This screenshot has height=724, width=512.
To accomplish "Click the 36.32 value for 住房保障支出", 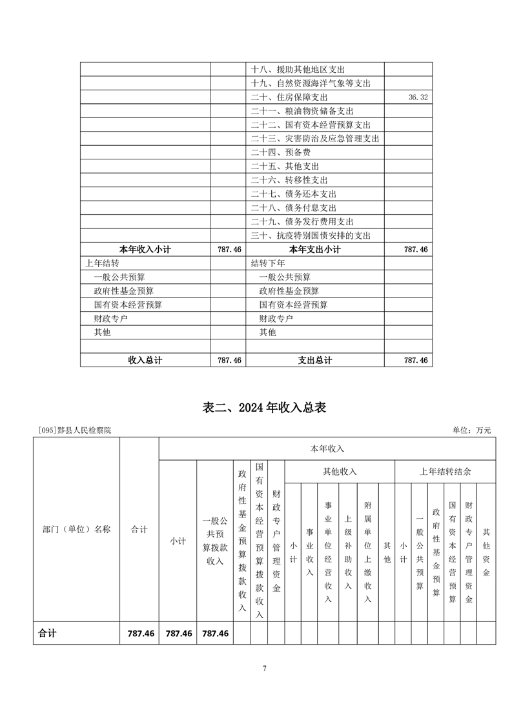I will pos(419,97).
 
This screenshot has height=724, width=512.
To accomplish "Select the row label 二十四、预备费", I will pos(281,153).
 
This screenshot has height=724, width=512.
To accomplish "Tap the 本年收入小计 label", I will pos(145,249).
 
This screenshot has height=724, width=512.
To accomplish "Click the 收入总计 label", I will pos(145,361).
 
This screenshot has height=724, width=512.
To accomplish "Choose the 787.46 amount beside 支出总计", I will pos(416,361).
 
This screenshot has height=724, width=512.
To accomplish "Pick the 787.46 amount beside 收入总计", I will pos(229,361).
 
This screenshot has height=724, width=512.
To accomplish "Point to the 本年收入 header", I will pos(327,448).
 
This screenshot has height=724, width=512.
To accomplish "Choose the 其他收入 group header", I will pos(340,472).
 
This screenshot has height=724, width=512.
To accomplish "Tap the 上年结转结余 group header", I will pos(445,472).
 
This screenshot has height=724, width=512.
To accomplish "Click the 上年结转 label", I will pos(102,263).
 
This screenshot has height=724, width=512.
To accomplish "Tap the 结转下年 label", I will pos(268,263).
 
